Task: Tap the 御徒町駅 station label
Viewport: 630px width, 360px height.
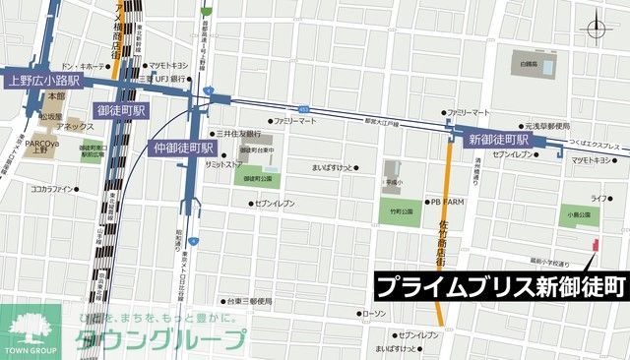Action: click(122, 110)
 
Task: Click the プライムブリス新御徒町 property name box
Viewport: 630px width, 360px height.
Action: click(500, 286)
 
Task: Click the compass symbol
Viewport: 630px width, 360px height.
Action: click(598, 29)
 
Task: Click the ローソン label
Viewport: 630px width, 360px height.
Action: click(373, 314)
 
